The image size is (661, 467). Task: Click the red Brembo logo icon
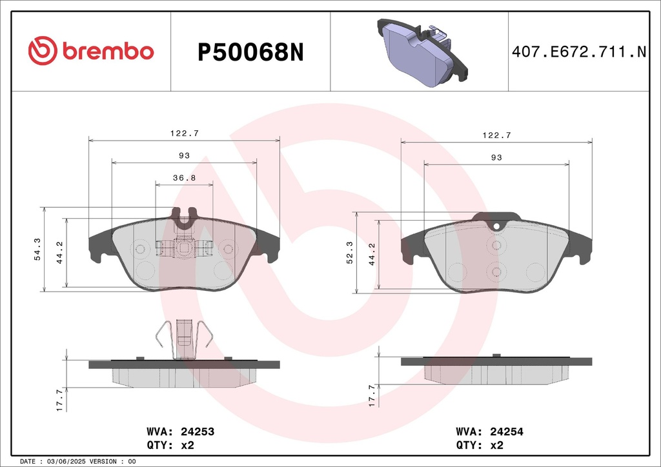pos(43,50)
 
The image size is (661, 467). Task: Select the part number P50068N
pos(250,53)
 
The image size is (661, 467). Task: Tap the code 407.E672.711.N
pos(579,52)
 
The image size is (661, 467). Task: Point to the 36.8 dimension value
pos(184,177)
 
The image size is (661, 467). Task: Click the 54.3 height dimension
pos(37,249)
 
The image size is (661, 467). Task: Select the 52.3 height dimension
pos(350,253)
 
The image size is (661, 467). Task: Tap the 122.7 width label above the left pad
pos(184,133)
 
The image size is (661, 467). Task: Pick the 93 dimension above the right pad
pos(496,157)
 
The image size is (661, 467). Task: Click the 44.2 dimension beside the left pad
pos(60,253)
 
